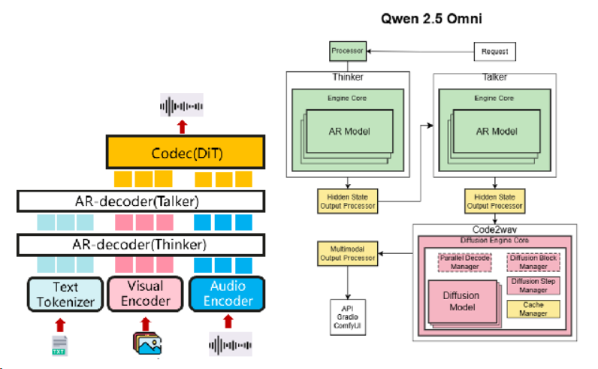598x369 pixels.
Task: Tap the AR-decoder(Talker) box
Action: tap(140, 201)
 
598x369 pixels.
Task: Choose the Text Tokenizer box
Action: tap(65, 294)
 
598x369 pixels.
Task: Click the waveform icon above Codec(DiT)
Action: tap(182, 105)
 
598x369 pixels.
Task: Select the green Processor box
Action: tap(347, 52)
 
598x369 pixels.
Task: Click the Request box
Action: tap(495, 52)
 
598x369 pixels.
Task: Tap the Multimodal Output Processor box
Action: tap(346, 254)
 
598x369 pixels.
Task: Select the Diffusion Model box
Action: tap(464, 300)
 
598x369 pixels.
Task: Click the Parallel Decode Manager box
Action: tap(464, 262)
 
